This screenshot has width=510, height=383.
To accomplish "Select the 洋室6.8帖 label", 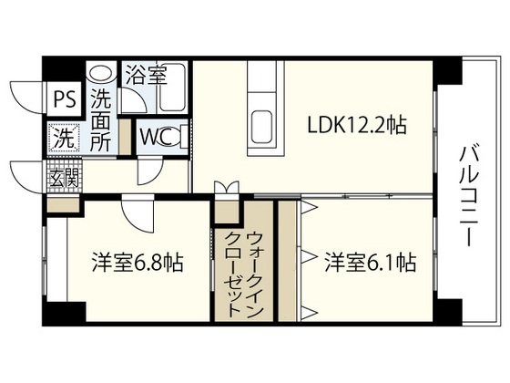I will pyautogui.click(x=137, y=264).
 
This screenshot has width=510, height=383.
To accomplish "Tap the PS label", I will pyautogui.click(x=63, y=98).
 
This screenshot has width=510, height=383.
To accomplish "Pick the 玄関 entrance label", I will pyautogui.click(x=63, y=176).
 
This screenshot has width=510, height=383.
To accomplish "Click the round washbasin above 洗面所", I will pyautogui.click(x=102, y=72).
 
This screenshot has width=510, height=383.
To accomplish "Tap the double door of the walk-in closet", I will pyautogui.click(x=225, y=191).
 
